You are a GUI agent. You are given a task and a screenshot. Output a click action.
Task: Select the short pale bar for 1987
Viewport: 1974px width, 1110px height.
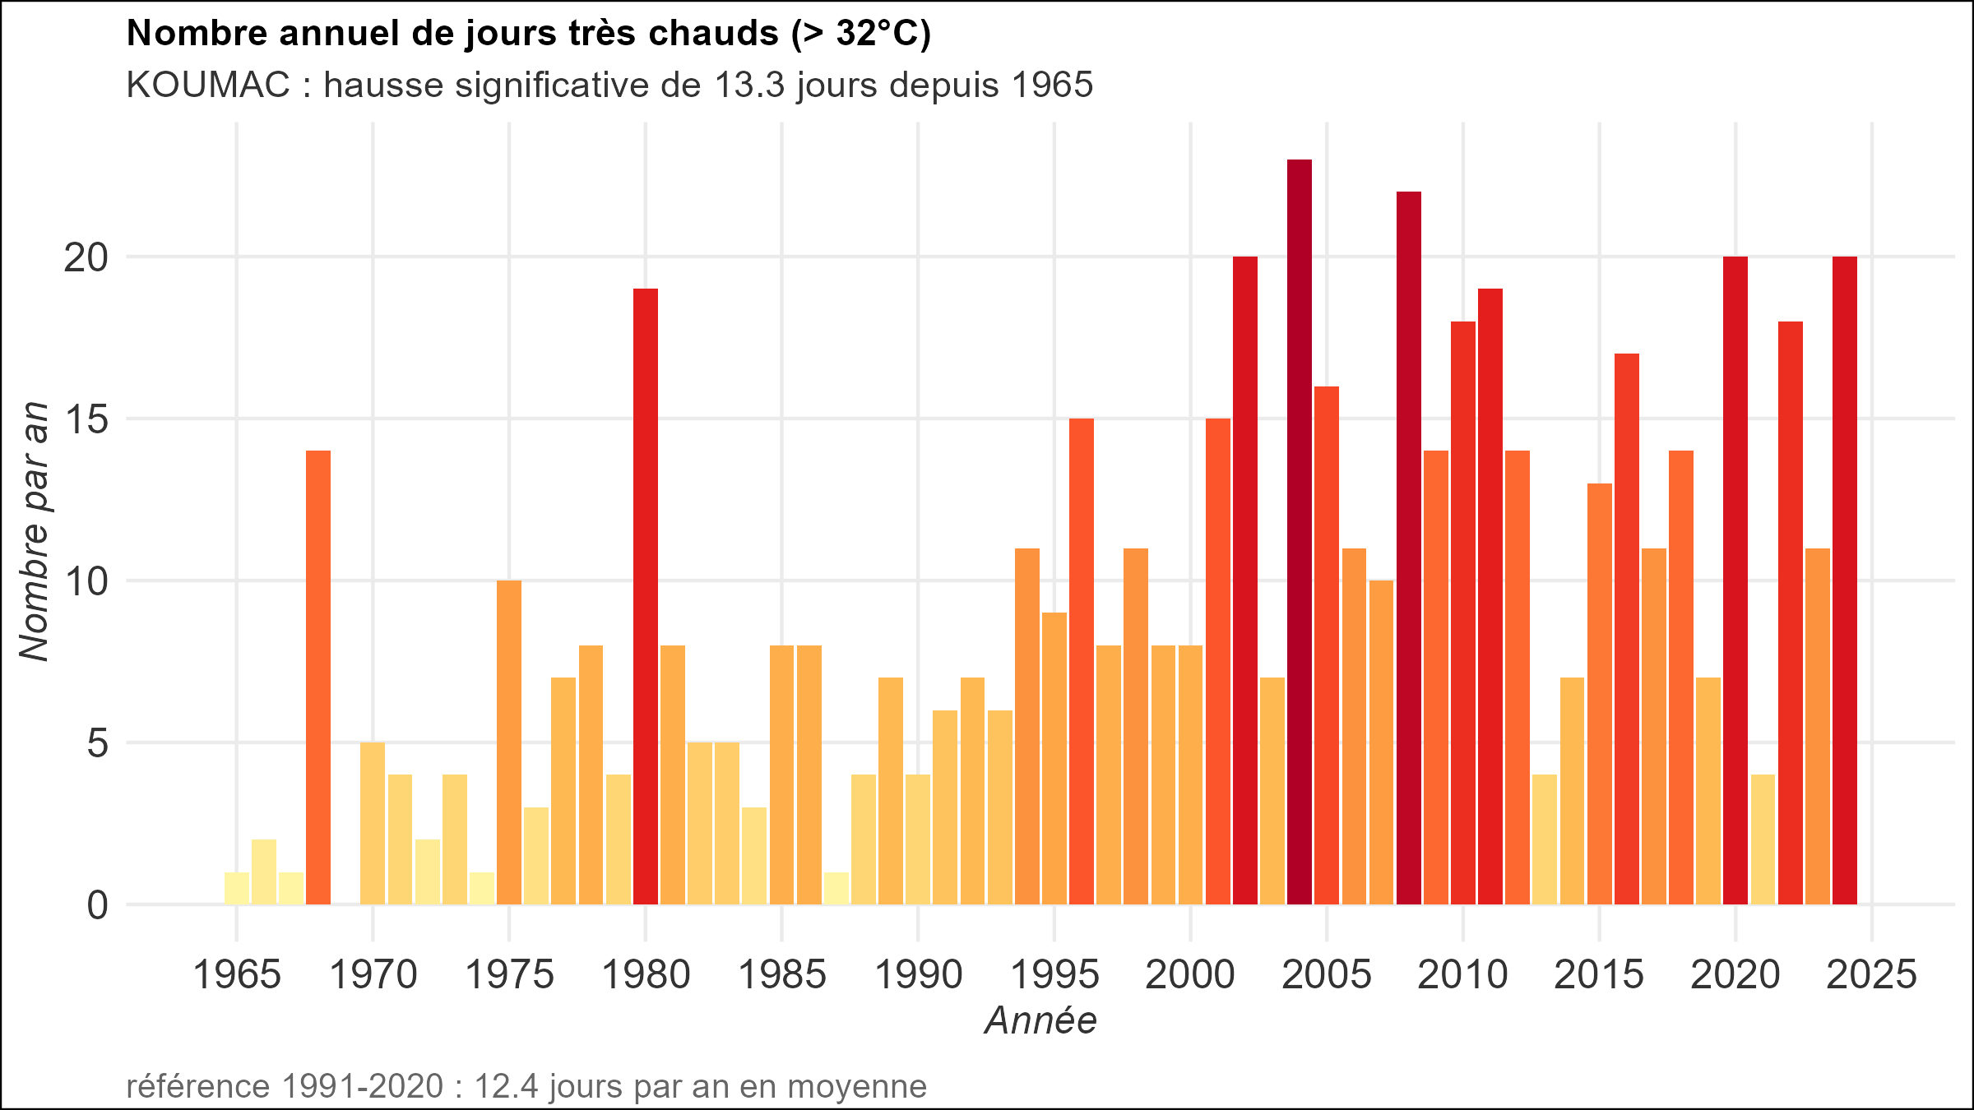click(836, 888)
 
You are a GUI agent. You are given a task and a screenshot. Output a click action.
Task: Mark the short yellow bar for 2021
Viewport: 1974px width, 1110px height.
click(1763, 839)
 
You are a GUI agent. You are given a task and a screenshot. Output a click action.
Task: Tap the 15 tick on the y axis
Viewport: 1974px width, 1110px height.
click(86, 419)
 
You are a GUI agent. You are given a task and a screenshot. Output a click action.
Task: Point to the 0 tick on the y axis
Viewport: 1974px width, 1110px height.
click(97, 905)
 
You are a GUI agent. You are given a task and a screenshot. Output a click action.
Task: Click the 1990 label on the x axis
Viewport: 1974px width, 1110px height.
click(918, 976)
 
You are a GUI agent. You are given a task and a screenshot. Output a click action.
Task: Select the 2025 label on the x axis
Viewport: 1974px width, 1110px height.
click(1871, 976)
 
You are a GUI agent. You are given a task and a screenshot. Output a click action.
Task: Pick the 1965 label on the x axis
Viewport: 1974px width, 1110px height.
click(237, 976)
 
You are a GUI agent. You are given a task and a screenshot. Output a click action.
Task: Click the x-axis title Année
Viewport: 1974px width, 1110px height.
click(1040, 1020)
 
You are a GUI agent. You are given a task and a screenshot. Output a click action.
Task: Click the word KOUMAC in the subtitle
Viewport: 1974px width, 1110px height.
click(208, 85)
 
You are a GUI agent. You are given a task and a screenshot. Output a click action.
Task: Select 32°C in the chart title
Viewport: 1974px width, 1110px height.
click(872, 34)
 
